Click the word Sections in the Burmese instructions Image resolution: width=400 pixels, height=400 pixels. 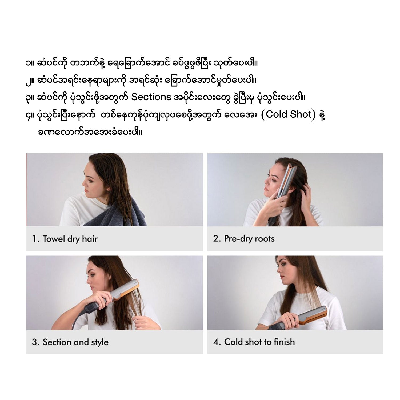click(x=151, y=97)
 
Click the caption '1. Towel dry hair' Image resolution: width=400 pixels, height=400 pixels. click(x=65, y=239)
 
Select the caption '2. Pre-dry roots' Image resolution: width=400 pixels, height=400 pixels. click(x=244, y=238)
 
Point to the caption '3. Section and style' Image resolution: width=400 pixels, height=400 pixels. click(x=70, y=342)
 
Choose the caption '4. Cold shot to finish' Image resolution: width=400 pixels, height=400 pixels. click(x=254, y=342)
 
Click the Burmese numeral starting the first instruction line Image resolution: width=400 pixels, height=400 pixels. click(x=27, y=63)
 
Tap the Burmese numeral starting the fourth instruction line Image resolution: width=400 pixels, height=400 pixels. click(x=28, y=115)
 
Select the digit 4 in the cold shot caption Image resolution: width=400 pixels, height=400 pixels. click(x=216, y=342)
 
